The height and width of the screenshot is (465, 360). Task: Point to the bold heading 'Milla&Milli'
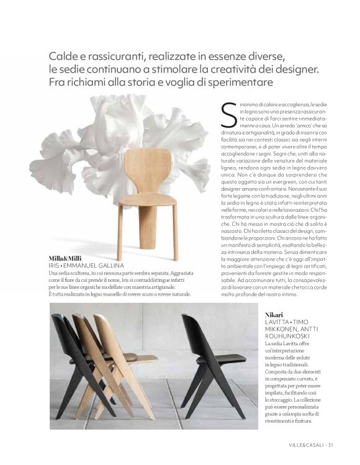[66, 257]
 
